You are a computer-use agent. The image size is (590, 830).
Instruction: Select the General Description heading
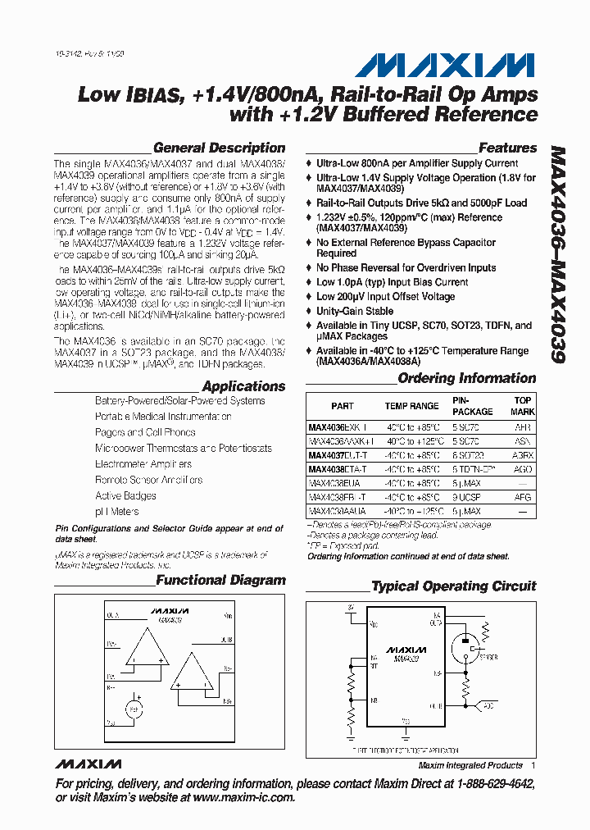pos(219,148)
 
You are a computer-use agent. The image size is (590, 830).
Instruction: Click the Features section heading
pos(507,148)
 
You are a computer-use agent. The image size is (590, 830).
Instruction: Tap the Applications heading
pos(243,386)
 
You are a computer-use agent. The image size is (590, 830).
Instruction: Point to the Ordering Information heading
pos(466,379)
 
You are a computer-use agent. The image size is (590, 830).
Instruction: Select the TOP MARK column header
pos(522,406)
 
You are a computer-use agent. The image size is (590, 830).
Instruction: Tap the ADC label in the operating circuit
pos(488,705)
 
